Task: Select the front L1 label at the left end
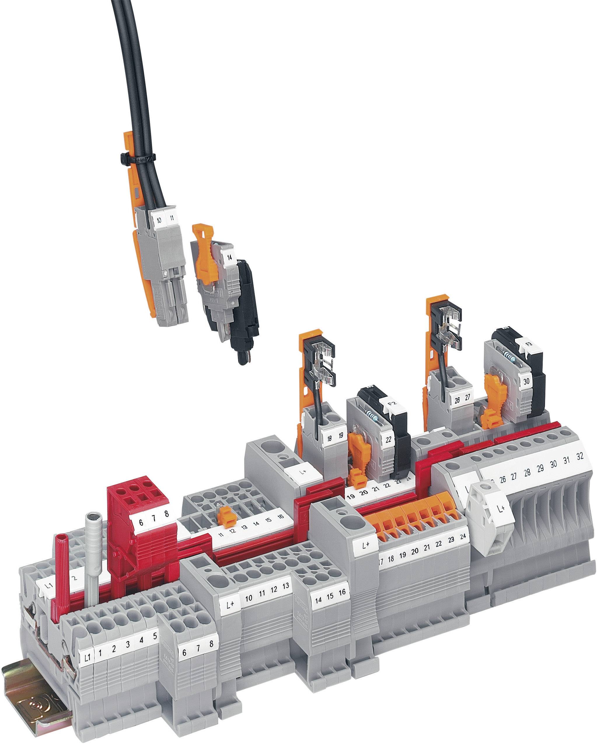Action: point(87,657)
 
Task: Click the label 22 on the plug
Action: point(388,440)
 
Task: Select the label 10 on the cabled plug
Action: point(158,220)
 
